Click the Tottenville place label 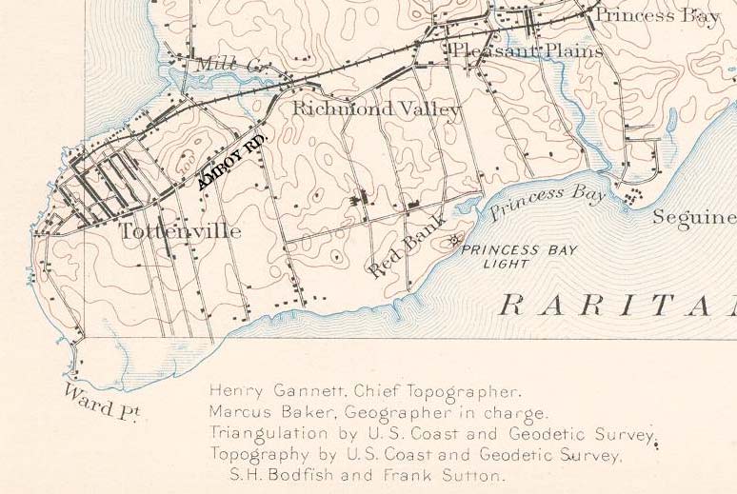(x=180, y=231)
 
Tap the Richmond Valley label (x=376, y=109)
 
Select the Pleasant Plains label (x=527, y=50)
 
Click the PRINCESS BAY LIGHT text (x=506, y=256)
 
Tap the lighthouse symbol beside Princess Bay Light (x=454, y=237)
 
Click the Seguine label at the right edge (x=693, y=218)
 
